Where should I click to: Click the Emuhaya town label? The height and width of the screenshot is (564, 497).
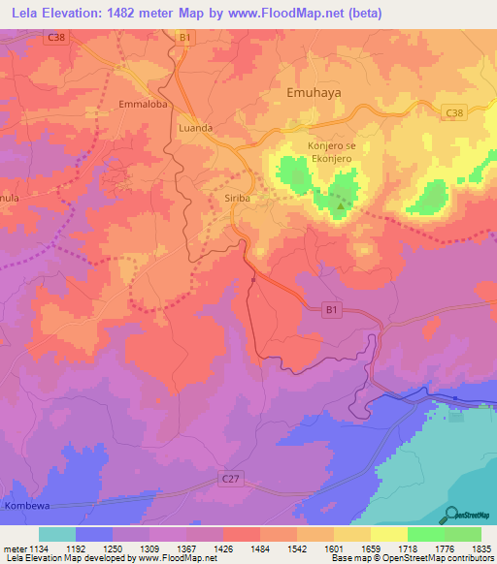[x=317, y=93]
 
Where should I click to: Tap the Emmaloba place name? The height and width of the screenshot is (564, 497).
[x=145, y=104]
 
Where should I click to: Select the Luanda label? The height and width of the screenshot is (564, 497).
[x=195, y=127]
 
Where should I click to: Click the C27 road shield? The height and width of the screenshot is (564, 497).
[x=230, y=478]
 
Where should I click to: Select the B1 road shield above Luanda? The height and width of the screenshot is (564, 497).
[x=184, y=37]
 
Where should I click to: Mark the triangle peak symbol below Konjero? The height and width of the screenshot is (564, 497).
[x=341, y=205]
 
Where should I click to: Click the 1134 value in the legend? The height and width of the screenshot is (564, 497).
[x=29, y=549]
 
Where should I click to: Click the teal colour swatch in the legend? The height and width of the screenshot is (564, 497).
[x=57, y=535]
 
